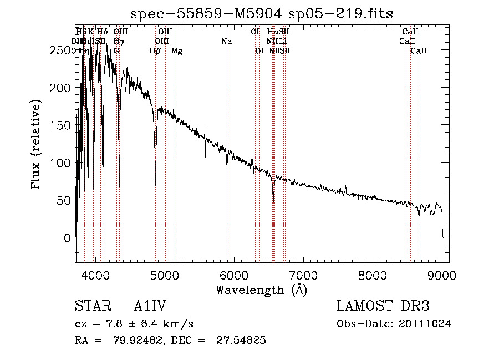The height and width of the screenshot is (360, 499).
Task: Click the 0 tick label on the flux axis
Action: coord(67,238)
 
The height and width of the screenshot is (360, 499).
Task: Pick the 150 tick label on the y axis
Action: coord(60,125)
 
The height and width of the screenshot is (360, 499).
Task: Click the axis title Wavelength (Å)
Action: coord(261,289)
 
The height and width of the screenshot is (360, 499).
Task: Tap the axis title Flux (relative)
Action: coord(37,145)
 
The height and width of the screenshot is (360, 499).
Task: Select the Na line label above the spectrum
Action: coord(226,41)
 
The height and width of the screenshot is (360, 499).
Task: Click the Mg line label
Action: coord(177,51)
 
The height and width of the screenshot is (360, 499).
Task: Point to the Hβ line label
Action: coord(155,51)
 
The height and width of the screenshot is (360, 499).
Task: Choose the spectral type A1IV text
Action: coord(150,306)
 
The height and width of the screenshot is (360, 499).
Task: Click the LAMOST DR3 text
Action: coord(383,306)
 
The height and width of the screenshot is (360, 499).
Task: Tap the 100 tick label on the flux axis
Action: coord(60,163)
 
